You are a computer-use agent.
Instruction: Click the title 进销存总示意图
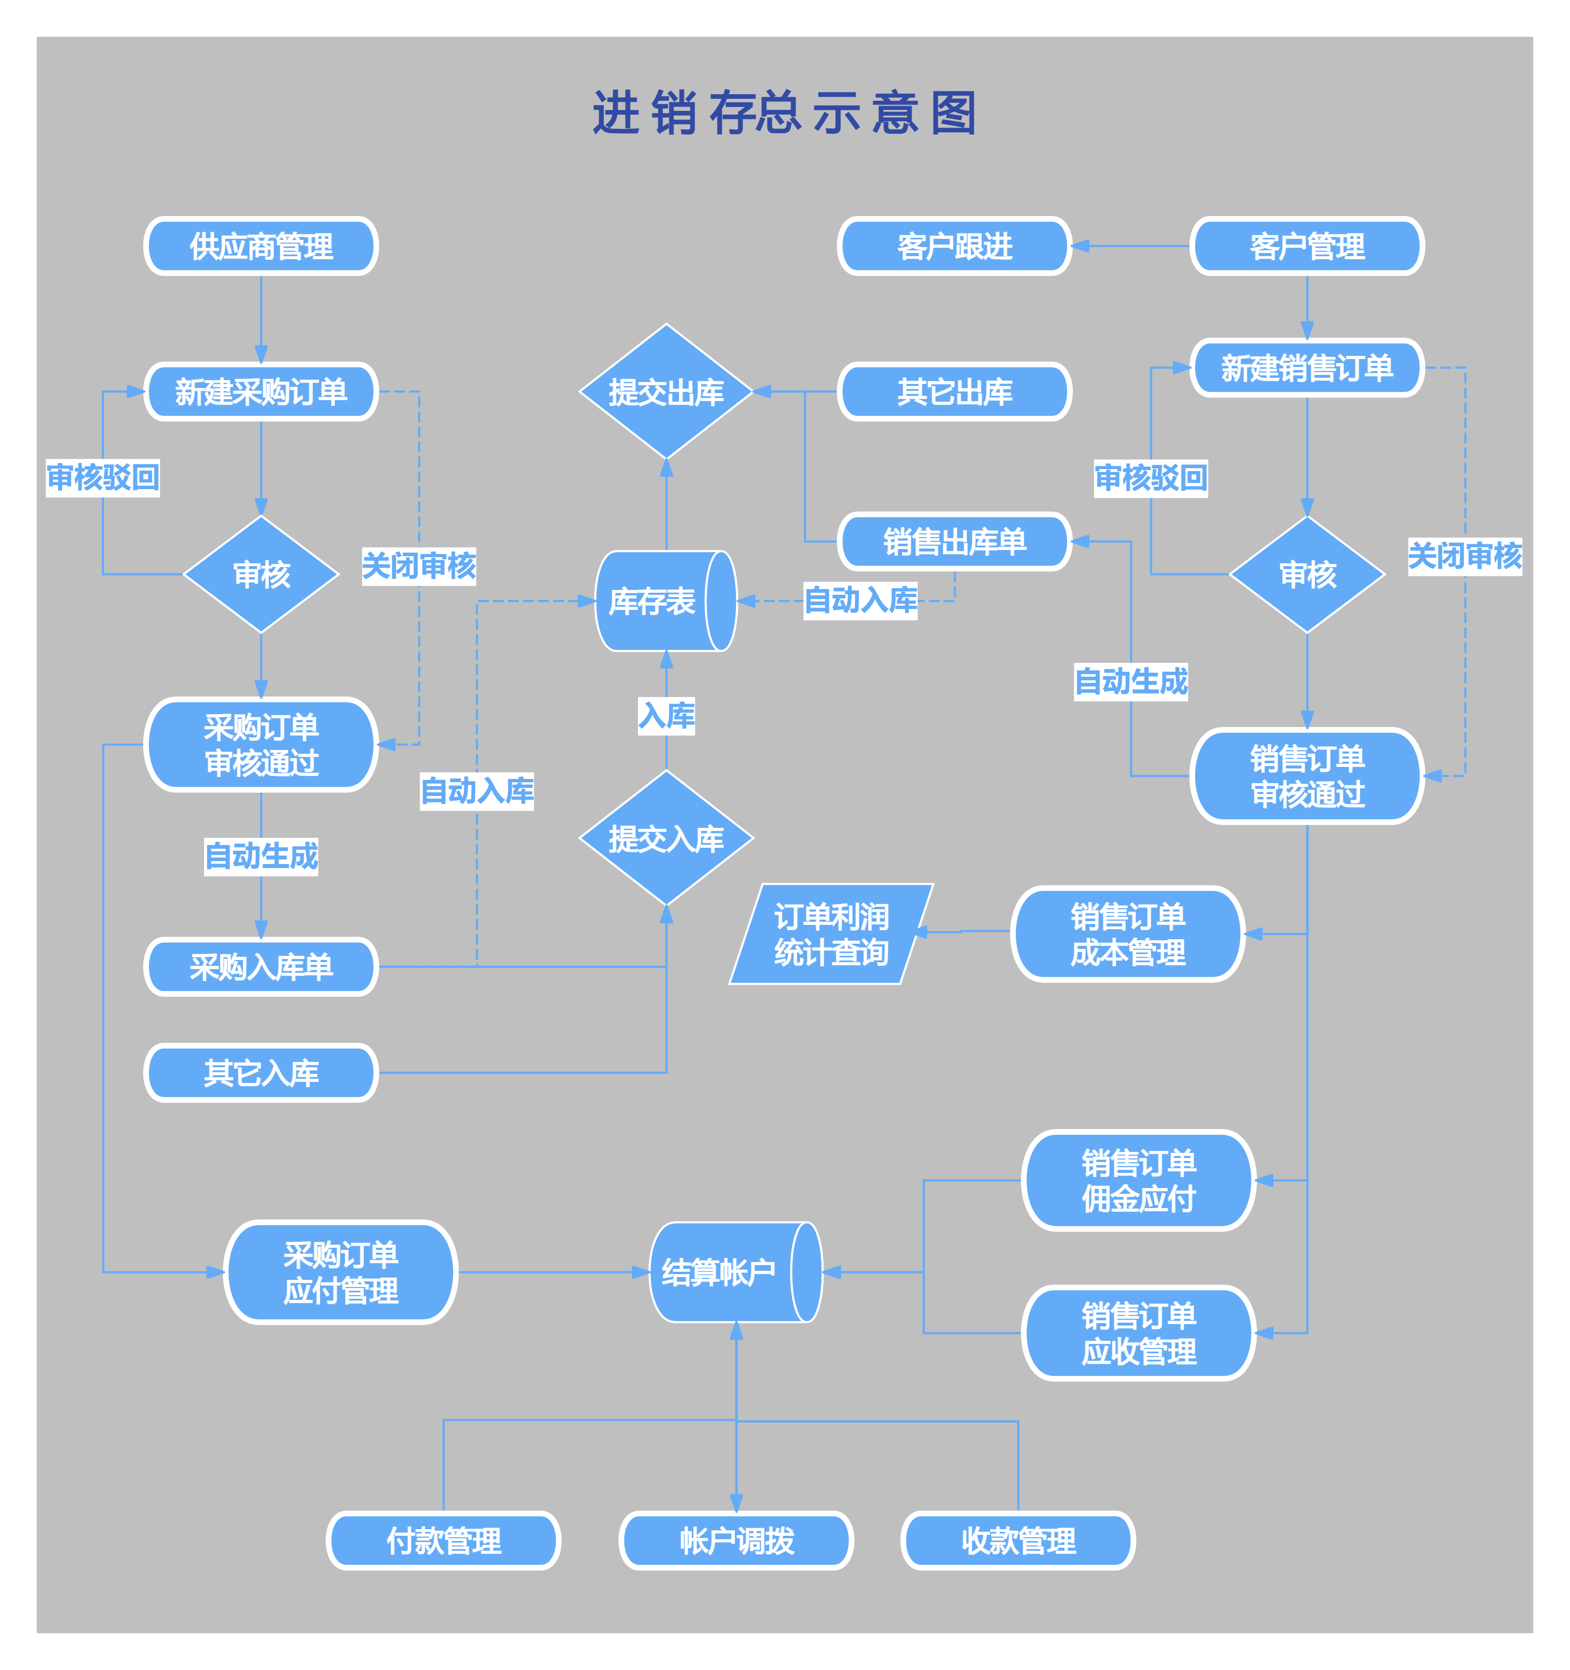pyautogui.click(x=785, y=113)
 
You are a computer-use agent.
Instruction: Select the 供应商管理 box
pyautogui.click(x=261, y=246)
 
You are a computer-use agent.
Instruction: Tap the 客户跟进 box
pyautogui.click(x=954, y=246)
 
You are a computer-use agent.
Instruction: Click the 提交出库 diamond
pyautogui.click(x=666, y=392)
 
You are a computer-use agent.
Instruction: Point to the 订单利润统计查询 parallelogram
pyautogui.click(x=831, y=934)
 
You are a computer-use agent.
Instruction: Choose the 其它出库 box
pyautogui.click(x=954, y=392)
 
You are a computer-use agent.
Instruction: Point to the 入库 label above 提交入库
pyautogui.click(x=666, y=716)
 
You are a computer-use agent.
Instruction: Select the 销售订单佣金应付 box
pyautogui.click(x=1138, y=1180)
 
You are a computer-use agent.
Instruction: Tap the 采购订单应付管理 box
pyautogui.click(x=340, y=1272)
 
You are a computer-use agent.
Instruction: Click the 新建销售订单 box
pyautogui.click(x=1306, y=368)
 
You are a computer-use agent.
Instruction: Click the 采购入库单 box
pyautogui.click(x=261, y=967)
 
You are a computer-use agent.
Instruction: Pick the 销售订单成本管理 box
pyautogui.click(x=1128, y=934)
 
